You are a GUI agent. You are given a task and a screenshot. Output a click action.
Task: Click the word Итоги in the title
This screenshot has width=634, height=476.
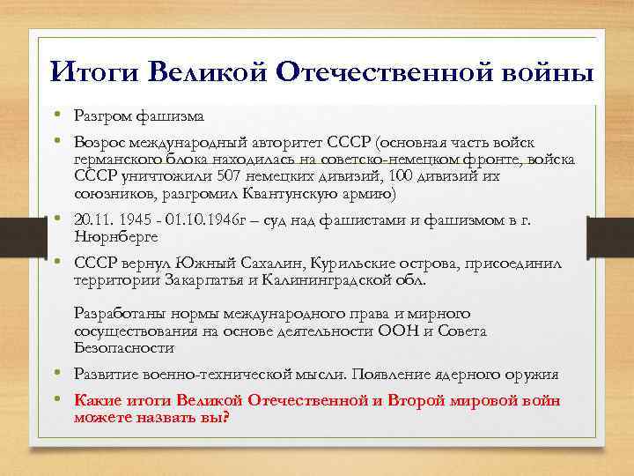[x=85, y=71]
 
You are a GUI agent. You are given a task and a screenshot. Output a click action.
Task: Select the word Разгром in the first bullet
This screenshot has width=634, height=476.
[x=103, y=116]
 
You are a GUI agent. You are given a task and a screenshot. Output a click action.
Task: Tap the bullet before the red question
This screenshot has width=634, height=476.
[x=55, y=401]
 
